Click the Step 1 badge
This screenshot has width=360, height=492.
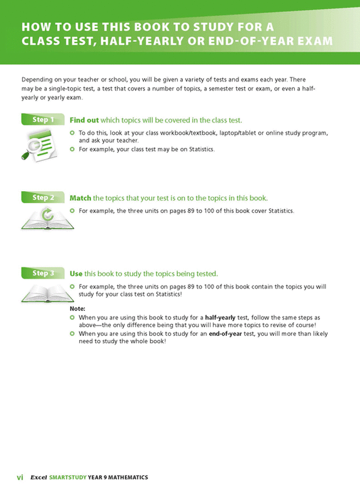[x=43, y=120]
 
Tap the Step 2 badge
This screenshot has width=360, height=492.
[x=43, y=197]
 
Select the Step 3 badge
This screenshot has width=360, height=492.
[x=43, y=273]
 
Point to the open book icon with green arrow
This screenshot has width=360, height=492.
[x=47, y=218]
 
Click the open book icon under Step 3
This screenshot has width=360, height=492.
[x=47, y=293]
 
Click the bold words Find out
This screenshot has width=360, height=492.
[x=84, y=120]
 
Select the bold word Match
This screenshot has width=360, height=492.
[x=80, y=198]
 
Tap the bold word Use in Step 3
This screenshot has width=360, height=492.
[x=76, y=274]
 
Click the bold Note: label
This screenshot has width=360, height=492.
[x=78, y=309]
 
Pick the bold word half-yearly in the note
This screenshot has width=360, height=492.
[x=220, y=318]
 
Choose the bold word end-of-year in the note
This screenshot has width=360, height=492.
[x=225, y=333]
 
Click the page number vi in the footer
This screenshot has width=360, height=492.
[x=20, y=477]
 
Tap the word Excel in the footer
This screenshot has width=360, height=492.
[x=39, y=477]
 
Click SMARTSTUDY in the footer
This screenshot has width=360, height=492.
[x=68, y=477]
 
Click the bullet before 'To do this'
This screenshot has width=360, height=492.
[x=72, y=133]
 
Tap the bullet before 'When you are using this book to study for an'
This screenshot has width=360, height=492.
[x=72, y=333]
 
